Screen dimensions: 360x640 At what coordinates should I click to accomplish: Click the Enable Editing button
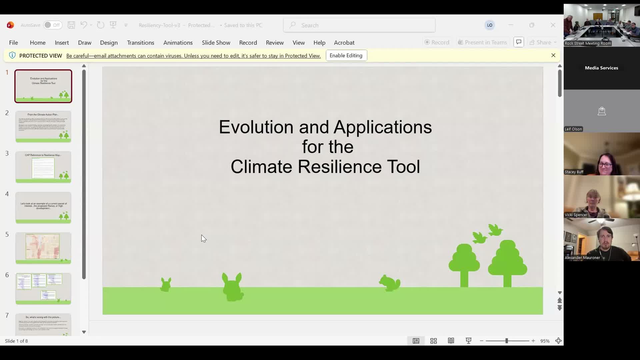[x=346, y=56]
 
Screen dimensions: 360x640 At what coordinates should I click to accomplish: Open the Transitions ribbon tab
[x=140, y=43]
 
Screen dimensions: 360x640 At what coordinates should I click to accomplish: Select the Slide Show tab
[x=216, y=43]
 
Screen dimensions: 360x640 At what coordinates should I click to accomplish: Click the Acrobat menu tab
[x=344, y=43]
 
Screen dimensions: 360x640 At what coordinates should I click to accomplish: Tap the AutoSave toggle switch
[x=52, y=25]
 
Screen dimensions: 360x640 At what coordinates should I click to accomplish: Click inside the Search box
[x=359, y=25]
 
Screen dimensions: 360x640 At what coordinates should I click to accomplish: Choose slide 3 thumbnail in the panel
[x=43, y=167]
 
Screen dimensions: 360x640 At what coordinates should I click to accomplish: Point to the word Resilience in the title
[x=339, y=167]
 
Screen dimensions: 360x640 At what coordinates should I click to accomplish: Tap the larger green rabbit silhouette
[x=233, y=287]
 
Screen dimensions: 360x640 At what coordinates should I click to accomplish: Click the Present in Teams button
[x=482, y=42]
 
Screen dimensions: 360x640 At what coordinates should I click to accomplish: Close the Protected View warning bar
[x=553, y=55]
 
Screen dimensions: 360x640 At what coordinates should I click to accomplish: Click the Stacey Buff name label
[x=574, y=172]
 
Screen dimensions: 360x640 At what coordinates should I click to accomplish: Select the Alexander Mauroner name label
[x=582, y=258]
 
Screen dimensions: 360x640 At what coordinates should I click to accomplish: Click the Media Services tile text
[x=601, y=68]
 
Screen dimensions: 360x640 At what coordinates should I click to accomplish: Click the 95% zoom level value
[x=545, y=341]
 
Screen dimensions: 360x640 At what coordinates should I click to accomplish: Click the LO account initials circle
[x=489, y=25]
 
